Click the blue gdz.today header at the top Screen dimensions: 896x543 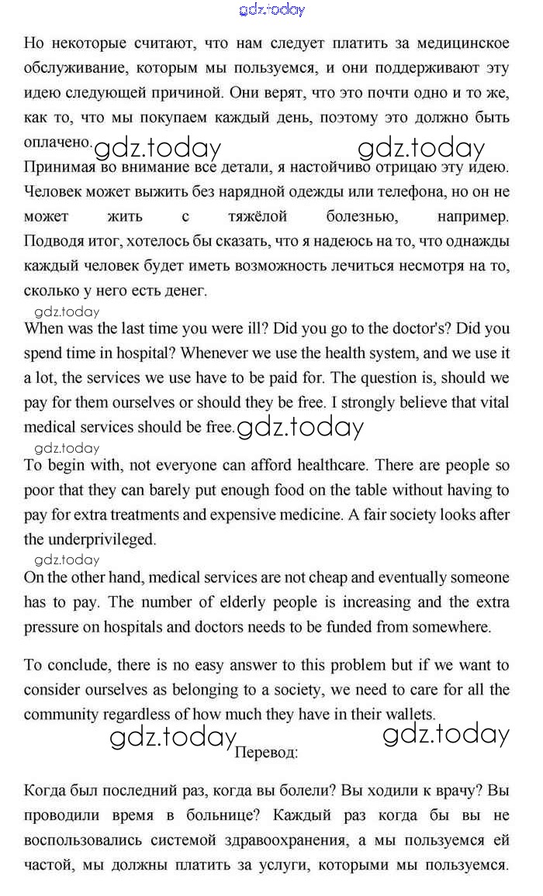(271, 10)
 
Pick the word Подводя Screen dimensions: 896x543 (53, 241)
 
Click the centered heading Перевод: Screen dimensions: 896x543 (266, 751)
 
